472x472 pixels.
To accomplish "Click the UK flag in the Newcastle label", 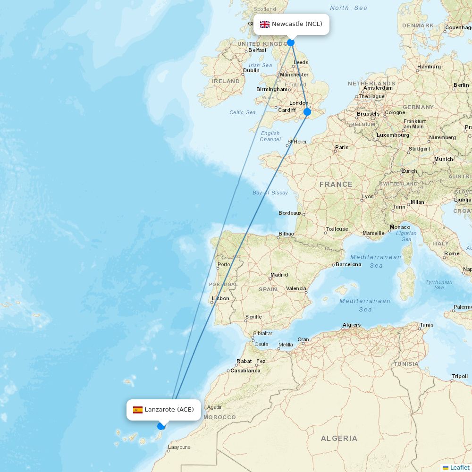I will tap(265, 24).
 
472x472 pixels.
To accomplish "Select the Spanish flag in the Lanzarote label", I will tap(138, 410).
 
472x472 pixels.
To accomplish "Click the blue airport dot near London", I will tap(307, 112).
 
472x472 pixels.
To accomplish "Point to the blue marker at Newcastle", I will tap(291, 43).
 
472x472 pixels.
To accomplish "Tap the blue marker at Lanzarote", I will tap(161, 426).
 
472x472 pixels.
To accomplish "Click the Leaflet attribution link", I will tap(459, 467).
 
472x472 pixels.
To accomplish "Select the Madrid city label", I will tap(279, 275).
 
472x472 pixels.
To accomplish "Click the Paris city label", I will tap(342, 147).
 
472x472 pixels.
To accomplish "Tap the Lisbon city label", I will tap(221, 298).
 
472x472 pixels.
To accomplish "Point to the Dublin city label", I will tap(251, 70).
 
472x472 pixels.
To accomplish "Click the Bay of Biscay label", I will tap(270, 193).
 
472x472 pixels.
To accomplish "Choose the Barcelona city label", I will tap(348, 264).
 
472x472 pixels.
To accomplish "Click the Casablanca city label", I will tap(245, 371).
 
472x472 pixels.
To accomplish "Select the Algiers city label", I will tap(352, 325).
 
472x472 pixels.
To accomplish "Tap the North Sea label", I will tap(348, 8).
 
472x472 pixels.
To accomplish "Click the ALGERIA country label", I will tap(339, 438).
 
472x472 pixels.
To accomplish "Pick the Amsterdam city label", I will tap(378, 88).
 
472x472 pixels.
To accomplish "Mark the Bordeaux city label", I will tap(290, 213).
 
